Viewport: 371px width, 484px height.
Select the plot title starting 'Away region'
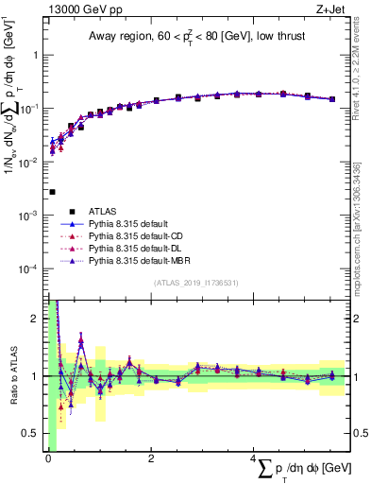[x=197, y=37]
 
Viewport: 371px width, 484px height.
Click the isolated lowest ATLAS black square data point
[x=52, y=192]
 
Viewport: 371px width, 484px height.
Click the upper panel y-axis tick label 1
[x=37, y=55]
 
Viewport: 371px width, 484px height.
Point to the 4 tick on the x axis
[x=254, y=458]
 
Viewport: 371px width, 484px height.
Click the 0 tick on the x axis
[x=47, y=458]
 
